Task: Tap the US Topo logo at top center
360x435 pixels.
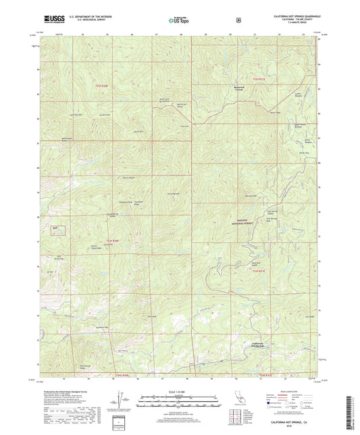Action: click(x=180, y=20)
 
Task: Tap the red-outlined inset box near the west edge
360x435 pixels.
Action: click(x=59, y=230)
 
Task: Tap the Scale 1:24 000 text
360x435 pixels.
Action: click(x=180, y=392)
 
